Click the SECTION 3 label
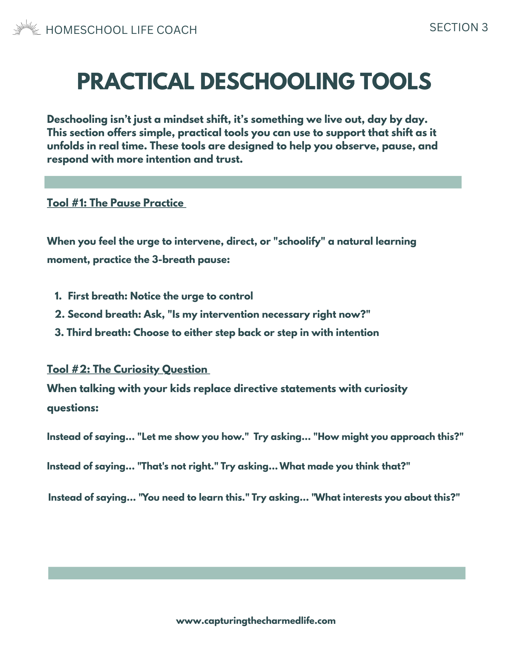click(x=459, y=28)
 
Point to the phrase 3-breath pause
click(x=191, y=260)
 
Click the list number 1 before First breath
click(x=58, y=296)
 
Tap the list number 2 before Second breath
click(x=59, y=314)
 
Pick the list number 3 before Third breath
click(x=59, y=333)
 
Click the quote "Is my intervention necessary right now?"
click(x=269, y=314)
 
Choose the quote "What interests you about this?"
click(x=385, y=498)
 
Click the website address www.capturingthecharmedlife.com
click(x=256, y=621)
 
